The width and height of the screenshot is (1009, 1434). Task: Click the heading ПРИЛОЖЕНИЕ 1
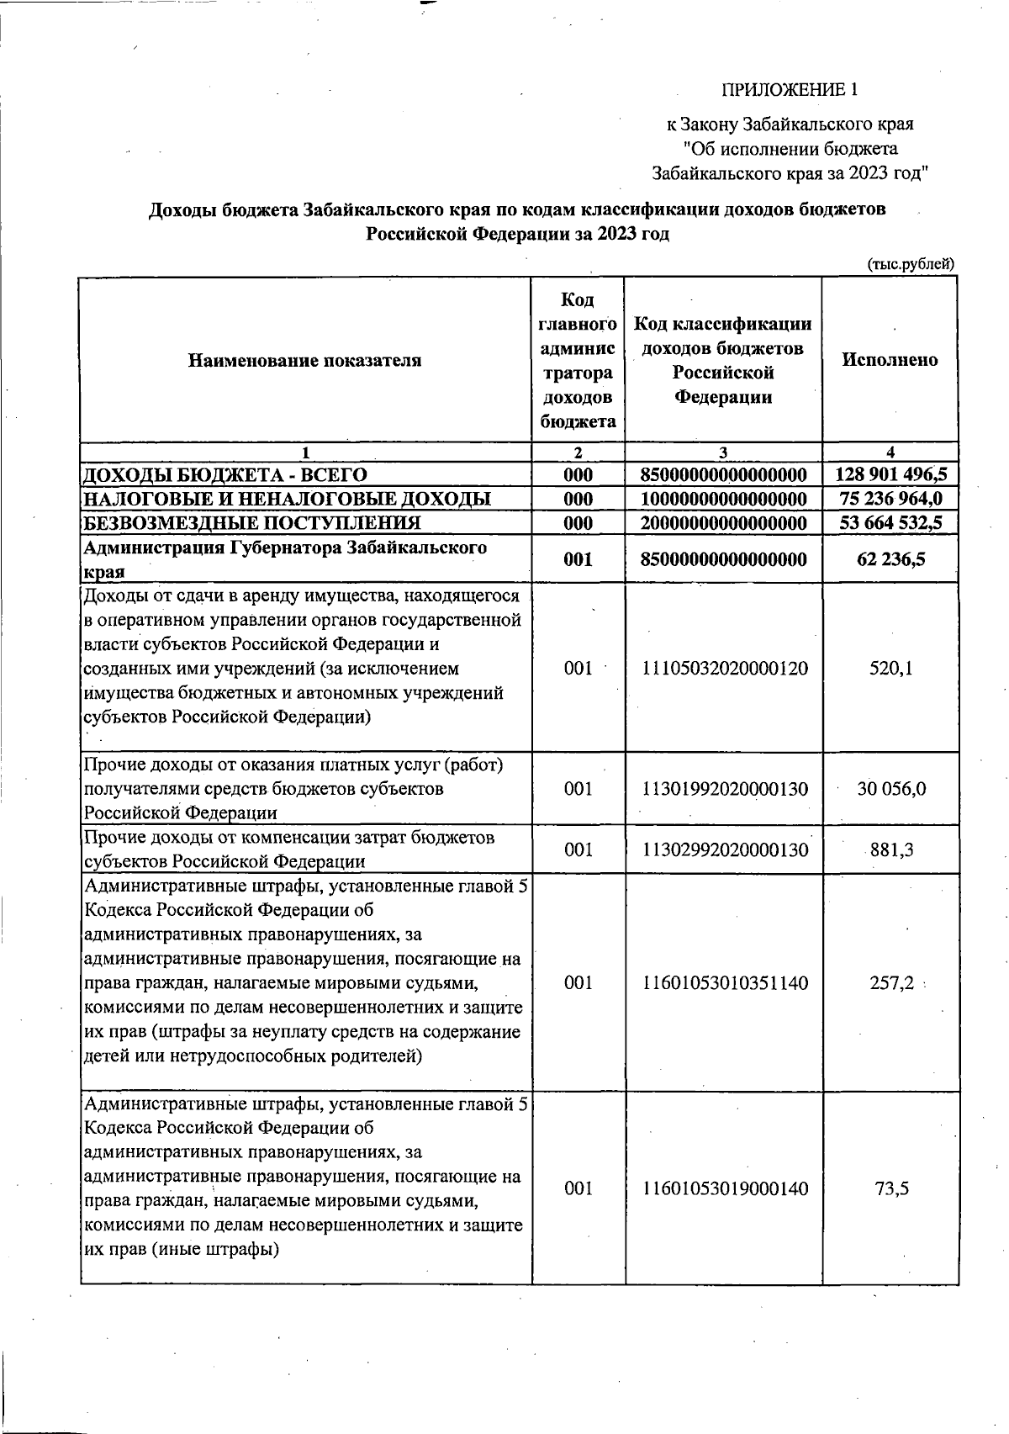coord(790,89)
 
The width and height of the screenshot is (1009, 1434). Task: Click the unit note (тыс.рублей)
coord(911,264)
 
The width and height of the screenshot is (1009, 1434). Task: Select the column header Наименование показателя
coord(304,361)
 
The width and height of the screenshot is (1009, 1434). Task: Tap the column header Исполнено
coord(890,359)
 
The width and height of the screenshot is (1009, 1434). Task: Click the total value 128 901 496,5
coord(891,474)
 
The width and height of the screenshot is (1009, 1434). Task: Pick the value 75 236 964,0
coord(891,499)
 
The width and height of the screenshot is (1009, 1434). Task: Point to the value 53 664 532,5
coord(891,523)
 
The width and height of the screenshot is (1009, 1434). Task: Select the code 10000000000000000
coord(723,499)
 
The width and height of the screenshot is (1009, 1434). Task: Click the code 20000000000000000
coord(723,523)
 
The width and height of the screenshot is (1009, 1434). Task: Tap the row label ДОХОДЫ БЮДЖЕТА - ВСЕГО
coord(224,474)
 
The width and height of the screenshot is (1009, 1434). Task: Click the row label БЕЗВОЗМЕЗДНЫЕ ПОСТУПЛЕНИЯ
coord(251,523)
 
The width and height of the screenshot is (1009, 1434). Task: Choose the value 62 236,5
coord(891,559)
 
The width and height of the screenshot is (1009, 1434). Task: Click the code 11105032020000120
coord(725,669)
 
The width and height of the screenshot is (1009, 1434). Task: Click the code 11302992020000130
coord(725,849)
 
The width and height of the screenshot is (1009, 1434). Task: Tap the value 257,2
coord(891,983)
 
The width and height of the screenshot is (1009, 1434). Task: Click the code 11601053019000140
coord(725,1188)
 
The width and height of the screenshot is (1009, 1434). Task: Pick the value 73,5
coord(891,1188)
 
